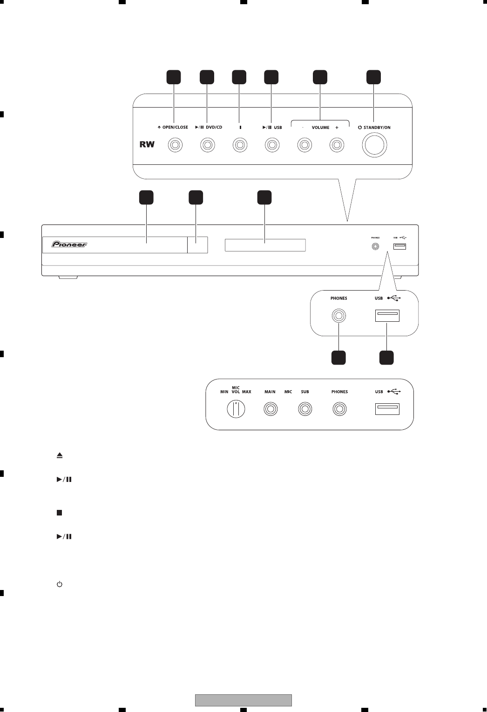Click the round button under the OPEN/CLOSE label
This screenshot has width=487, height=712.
(175, 146)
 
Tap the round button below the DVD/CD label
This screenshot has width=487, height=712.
(208, 146)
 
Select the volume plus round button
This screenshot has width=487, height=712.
(337, 146)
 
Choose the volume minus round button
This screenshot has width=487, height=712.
(304, 146)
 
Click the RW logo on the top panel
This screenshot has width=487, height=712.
(147, 145)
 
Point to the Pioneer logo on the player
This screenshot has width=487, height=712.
(69, 244)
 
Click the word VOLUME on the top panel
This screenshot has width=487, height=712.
(320, 128)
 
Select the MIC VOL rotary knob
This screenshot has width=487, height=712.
(236, 409)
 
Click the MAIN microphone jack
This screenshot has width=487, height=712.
(270, 409)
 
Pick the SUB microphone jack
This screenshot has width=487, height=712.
(304, 409)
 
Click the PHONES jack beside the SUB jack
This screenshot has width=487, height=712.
(339, 409)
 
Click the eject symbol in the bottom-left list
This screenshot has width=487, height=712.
(60, 455)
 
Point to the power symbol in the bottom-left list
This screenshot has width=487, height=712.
(60, 584)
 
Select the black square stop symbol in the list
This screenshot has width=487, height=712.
(60, 513)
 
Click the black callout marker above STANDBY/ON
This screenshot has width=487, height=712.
(373, 77)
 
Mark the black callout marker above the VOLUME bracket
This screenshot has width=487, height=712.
(320, 77)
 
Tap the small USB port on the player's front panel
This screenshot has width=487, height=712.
(399, 245)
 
